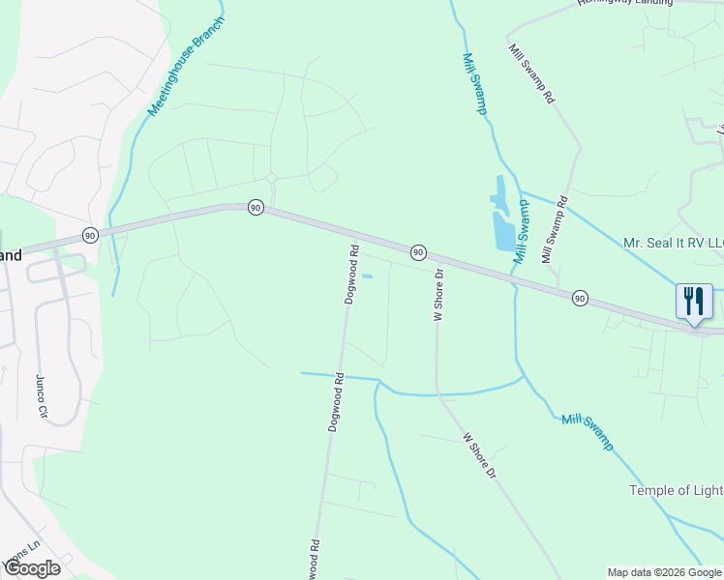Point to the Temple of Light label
676,490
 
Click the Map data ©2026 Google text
664,572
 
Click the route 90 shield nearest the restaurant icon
579,297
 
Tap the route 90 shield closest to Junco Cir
89,235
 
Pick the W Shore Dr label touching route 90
438,295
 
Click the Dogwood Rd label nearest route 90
352,275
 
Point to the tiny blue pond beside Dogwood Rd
367,276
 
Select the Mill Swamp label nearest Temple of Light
588,431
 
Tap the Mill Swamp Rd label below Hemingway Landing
531,72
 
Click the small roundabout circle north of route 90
272,178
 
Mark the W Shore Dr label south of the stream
478,456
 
